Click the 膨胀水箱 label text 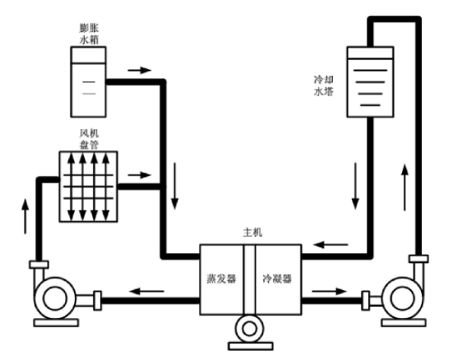point(89,34)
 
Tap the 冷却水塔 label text point(323,85)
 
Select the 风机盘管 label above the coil point(89,139)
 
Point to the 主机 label point(252,233)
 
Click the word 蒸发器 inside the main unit point(221,279)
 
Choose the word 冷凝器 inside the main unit point(277,279)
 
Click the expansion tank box point(89,82)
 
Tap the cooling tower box point(370,82)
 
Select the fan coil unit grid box point(89,187)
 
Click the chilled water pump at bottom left point(55,298)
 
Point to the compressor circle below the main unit point(250,330)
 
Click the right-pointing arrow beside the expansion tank point(140,71)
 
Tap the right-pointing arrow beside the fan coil point(140,175)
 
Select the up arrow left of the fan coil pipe point(25,216)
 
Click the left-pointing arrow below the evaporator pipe point(147,291)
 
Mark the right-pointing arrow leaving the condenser point(330,291)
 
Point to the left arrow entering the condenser point(331,245)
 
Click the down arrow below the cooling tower point(355,186)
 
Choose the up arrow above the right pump point(405,187)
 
